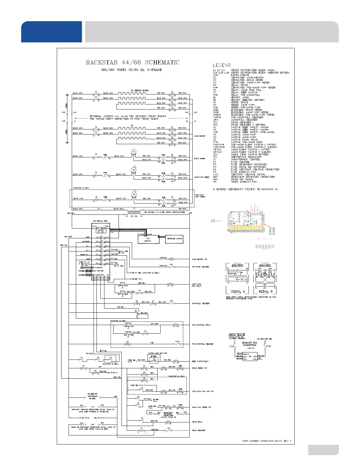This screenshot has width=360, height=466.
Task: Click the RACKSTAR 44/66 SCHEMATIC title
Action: [132, 62]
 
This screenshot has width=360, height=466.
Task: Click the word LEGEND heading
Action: [222, 65]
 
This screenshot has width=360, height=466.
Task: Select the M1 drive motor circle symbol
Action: [134, 152]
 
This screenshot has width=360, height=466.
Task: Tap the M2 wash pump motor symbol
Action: [134, 170]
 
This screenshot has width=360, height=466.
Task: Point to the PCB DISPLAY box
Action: [148, 239]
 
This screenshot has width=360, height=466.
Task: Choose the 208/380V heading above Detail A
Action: [238, 265]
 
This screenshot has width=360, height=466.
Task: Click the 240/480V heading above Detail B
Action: [265, 265]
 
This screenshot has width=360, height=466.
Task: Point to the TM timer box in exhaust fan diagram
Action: [250, 356]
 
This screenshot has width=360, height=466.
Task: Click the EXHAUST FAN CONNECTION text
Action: [249, 344]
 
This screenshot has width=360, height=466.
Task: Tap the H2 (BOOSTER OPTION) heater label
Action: [140, 90]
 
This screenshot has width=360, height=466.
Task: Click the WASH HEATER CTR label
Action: [199, 259]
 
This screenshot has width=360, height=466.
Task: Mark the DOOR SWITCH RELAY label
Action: [200, 361]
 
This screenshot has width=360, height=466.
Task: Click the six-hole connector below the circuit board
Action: [265, 246]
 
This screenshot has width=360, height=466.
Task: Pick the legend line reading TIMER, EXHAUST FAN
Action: [244, 182]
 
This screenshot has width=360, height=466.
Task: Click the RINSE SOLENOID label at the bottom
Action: [199, 430]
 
